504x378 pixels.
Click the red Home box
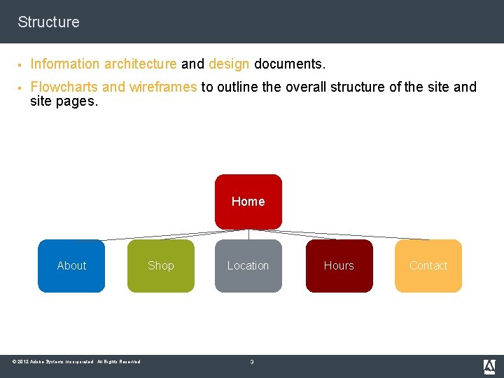pos(248,202)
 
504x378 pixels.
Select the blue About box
pos(71,266)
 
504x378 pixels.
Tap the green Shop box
pos(160,266)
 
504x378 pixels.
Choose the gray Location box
pos(248,266)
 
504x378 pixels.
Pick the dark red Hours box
pos(339,266)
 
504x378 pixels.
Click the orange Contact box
pos(428,266)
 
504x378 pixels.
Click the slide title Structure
pos(48,22)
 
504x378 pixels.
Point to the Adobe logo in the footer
pos(489,366)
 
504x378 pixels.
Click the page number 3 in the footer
pos(252,362)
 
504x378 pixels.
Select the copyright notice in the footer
pos(76,362)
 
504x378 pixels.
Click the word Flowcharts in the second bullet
pos(64,87)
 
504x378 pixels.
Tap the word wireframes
pos(163,87)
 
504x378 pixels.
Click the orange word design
pos(229,64)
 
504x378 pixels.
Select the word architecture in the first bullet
pos(141,64)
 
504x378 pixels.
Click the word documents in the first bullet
pos(289,64)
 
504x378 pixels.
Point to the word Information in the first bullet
pos(66,64)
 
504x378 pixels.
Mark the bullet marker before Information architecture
pos(21,64)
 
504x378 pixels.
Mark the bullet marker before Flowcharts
pos(21,87)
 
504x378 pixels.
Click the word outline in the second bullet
pos(237,87)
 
